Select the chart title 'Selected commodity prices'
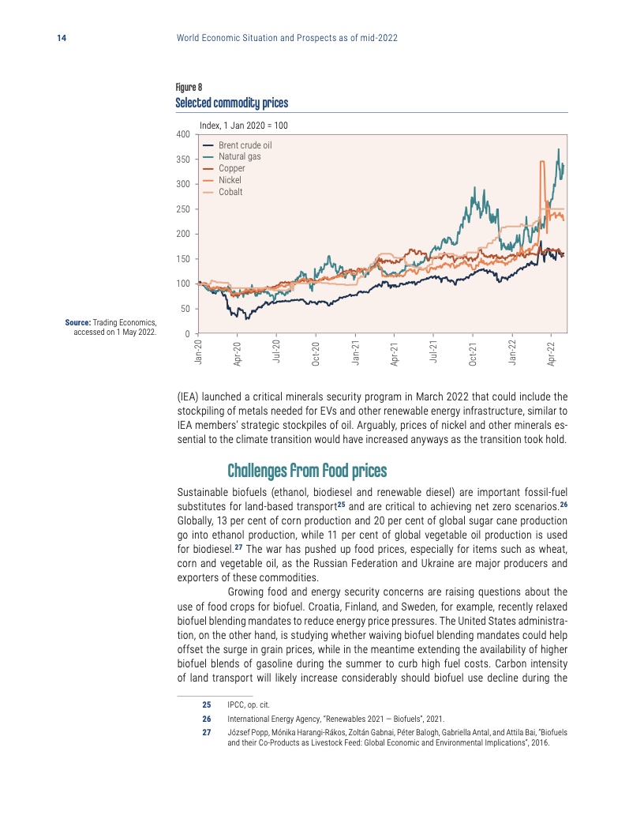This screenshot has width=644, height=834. click(x=231, y=103)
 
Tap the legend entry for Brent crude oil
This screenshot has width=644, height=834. click(x=245, y=145)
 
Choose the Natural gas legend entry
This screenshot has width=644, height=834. click(x=239, y=156)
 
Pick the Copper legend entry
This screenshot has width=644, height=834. click(x=231, y=168)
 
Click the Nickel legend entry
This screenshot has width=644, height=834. click(x=230, y=180)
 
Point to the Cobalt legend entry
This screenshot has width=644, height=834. click(x=230, y=192)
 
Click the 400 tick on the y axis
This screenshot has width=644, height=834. click(x=182, y=134)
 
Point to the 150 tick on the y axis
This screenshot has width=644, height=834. click(x=182, y=259)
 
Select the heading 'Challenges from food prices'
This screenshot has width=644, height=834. click(x=307, y=471)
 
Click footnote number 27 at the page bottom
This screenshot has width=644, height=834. click(x=207, y=733)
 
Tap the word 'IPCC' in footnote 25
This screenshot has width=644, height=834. click(x=235, y=703)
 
